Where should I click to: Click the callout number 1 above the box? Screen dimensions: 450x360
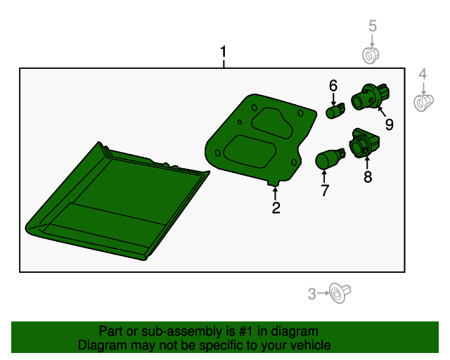[x=224, y=52]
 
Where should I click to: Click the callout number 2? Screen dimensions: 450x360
[x=276, y=208]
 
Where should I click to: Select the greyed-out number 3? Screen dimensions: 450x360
[x=312, y=294]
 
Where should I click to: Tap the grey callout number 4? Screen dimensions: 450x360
[x=423, y=74]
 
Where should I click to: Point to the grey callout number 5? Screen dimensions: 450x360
[x=372, y=26]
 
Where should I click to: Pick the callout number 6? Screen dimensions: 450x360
[x=333, y=86]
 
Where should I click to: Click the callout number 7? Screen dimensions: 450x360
[x=325, y=191]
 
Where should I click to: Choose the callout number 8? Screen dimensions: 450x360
[x=368, y=176]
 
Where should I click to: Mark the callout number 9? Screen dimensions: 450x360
[x=389, y=124]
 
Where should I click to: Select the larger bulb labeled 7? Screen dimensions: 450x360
[x=330, y=159]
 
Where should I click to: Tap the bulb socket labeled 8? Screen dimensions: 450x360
[x=364, y=143]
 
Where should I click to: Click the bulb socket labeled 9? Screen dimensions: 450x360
[x=370, y=96]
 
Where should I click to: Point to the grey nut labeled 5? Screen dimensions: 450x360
[x=371, y=56]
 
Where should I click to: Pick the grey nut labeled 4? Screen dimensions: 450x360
[x=423, y=103]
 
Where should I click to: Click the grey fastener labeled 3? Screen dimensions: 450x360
[x=340, y=293]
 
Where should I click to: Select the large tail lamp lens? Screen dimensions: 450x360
[x=117, y=201]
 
